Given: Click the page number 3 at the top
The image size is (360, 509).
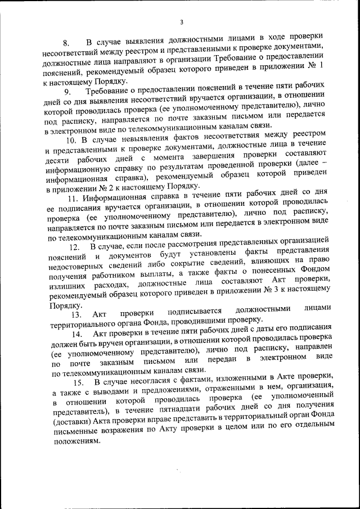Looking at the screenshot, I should click(181, 22).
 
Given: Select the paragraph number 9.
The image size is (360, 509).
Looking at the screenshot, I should click(67, 92).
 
